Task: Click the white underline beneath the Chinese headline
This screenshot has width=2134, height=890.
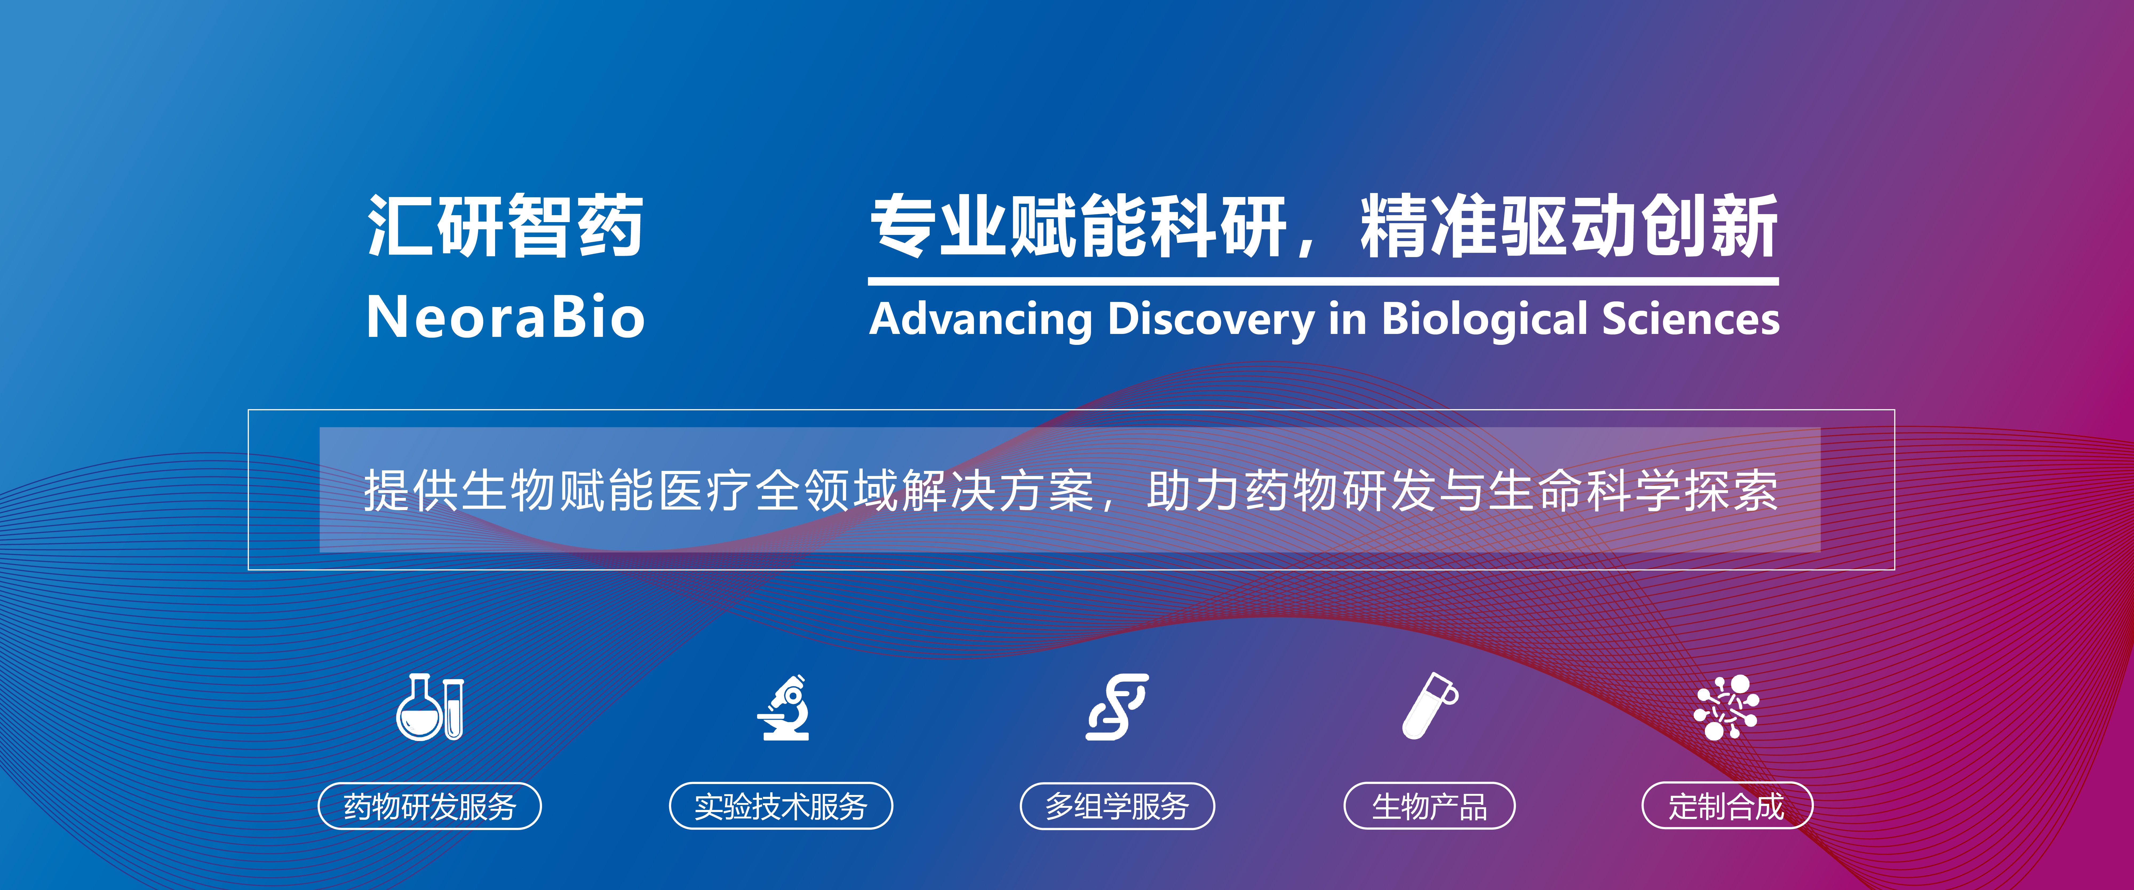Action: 1323,282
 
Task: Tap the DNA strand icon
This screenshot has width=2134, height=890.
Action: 1117,707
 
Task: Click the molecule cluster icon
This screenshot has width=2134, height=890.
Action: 1726,707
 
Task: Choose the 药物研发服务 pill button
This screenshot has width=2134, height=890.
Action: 430,805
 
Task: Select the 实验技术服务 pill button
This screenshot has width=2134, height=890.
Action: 781,805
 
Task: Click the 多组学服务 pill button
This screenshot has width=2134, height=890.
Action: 1117,805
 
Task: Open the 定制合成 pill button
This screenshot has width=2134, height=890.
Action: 1727,805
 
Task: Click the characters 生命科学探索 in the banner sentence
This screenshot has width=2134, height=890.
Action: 1634,491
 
